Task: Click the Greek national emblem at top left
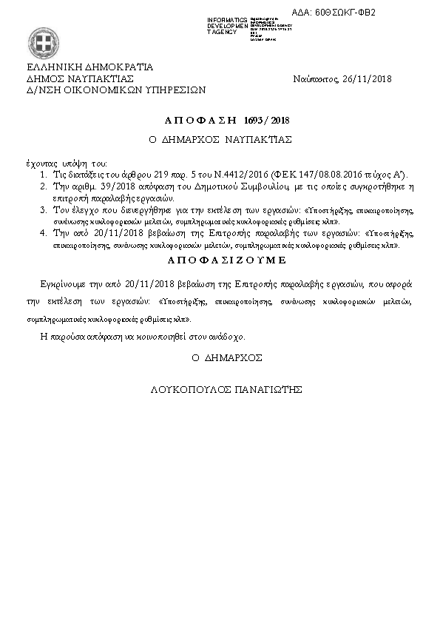[38, 40]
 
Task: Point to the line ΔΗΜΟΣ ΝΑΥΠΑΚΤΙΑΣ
[79, 77]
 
